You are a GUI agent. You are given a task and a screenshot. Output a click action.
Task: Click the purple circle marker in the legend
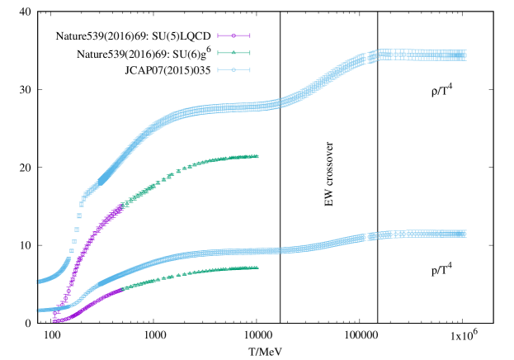coord(233,36)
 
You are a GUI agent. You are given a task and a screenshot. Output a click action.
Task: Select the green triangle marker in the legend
coord(233,53)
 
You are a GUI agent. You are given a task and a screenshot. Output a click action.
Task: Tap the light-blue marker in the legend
coord(233,69)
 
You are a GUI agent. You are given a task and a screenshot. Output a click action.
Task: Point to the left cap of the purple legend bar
coord(218,36)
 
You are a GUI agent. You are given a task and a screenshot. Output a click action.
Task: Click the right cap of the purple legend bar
coord(249,36)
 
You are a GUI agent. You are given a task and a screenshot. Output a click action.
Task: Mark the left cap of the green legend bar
coord(218,53)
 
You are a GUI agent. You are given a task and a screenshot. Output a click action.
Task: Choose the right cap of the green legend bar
coord(249,53)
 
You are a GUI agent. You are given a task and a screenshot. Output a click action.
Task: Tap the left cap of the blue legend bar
coord(218,69)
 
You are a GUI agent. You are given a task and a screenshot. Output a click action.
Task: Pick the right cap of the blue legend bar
coord(249,69)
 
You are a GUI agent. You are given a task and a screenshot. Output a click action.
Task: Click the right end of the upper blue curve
coord(465,55)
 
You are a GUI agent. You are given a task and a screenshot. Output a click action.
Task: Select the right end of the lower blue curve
coord(465,234)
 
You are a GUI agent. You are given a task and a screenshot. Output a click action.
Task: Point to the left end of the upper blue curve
coord(38,282)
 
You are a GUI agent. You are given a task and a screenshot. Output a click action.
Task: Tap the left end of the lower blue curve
coord(38,310)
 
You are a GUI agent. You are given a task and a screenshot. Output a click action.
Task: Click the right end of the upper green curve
coord(257,156)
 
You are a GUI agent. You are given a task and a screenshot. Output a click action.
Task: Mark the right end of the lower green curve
coord(257,267)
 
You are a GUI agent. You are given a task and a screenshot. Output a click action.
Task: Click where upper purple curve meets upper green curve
coord(122,206)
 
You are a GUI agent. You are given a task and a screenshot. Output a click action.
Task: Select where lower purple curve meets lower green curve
coord(122,290)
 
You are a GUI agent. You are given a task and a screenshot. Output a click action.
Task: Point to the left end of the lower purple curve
coord(54,320)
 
